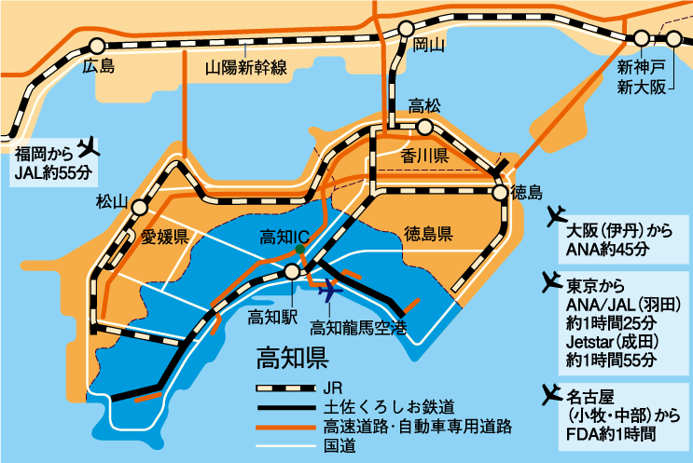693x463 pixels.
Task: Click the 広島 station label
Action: pos(96,66)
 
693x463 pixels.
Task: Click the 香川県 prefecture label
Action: pos(425,155)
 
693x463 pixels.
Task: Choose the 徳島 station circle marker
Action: pos(501,192)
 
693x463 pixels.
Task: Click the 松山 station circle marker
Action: pos(139,208)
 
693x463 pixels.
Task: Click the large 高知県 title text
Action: pos(291,357)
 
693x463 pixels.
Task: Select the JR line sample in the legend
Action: pos(284,387)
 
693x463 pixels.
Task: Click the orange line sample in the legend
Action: pos(284,427)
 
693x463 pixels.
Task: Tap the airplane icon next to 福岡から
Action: pos(89,146)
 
